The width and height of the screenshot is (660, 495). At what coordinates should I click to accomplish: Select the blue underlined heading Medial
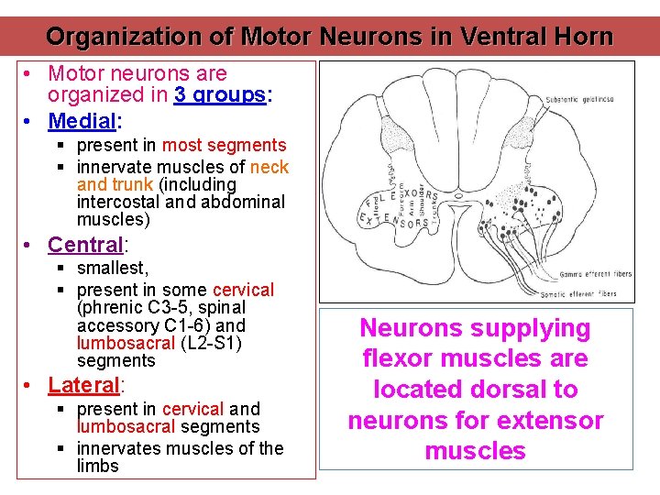82,120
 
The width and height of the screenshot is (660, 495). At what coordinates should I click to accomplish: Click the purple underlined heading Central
85,245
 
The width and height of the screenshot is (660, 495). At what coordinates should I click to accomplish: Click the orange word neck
269,167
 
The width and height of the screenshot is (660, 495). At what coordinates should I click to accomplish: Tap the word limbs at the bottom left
98,466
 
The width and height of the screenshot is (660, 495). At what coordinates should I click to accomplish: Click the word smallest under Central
112,269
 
